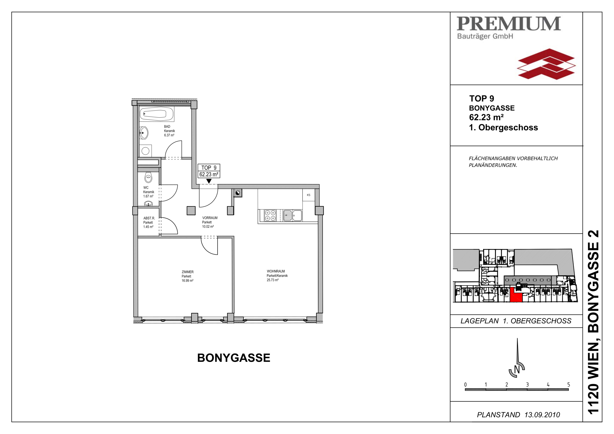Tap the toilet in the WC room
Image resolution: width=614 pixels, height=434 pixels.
[148, 177]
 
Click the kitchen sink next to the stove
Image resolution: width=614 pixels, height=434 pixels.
[293, 216]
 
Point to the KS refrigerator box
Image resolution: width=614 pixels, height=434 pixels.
[309, 195]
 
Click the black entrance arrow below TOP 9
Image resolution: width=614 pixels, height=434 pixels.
[209, 181]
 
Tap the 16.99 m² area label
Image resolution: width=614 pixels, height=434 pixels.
[188, 281]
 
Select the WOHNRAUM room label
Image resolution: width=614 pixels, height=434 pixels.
[276, 271]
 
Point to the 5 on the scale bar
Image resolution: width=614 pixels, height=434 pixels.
[569, 385]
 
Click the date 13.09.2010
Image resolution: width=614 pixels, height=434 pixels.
[542, 415]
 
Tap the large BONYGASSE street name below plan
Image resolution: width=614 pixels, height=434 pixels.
[234, 358]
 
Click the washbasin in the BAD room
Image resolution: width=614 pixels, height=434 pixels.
[144, 133]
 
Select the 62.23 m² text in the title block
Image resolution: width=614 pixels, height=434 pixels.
[486, 117]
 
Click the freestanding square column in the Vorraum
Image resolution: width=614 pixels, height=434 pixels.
[191, 211]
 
